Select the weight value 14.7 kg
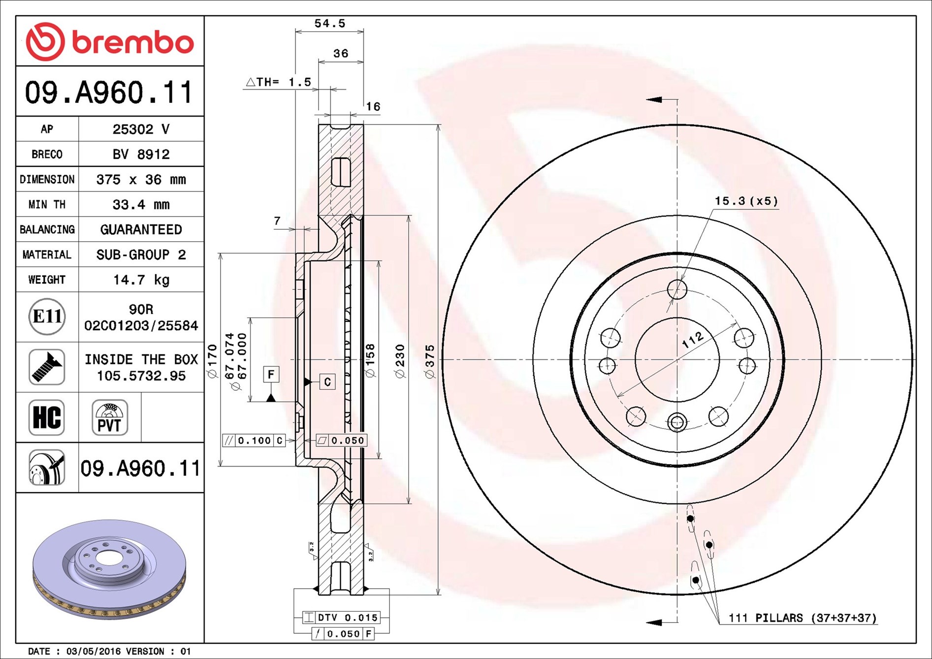(141, 280)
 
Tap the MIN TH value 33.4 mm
(141, 204)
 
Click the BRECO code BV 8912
(141, 154)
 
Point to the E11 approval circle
(47, 316)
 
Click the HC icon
(47, 417)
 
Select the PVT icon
(109, 417)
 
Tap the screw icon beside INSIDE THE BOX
(47, 367)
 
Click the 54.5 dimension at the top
(329, 23)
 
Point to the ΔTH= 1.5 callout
(279, 82)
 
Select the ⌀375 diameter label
(430, 361)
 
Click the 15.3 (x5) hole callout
(746, 201)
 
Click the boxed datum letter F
(271, 375)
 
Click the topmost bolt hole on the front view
(677, 289)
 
